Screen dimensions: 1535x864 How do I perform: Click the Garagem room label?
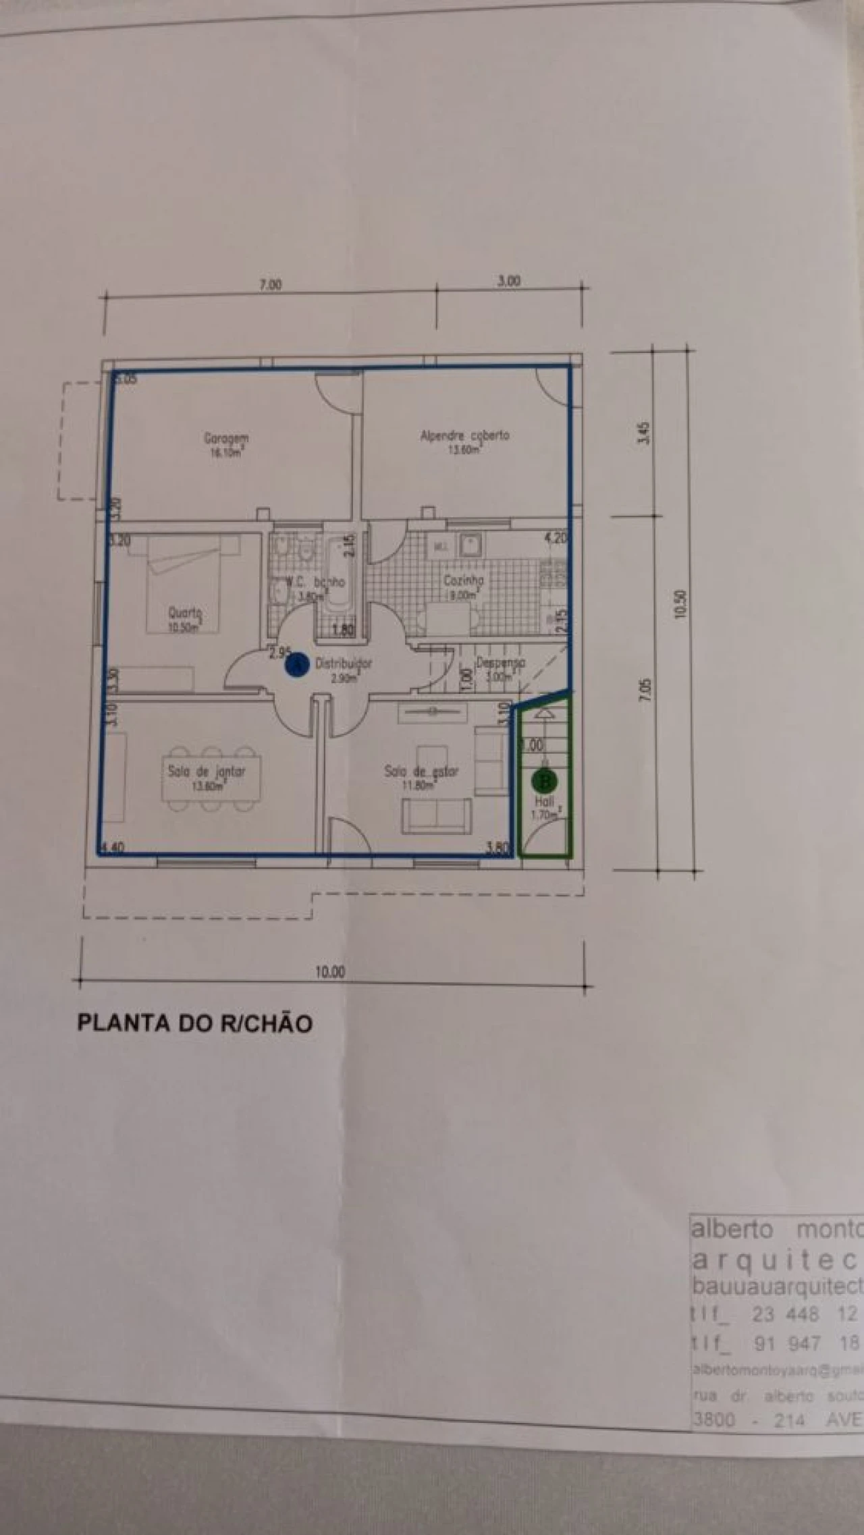coord(226,439)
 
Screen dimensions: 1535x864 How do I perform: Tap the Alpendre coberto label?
coord(464,436)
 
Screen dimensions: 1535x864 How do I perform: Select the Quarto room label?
coord(185,613)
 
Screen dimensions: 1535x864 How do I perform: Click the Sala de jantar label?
coord(207,771)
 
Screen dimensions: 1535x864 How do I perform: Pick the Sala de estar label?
coord(421,771)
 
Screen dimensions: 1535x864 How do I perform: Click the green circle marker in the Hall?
coord(544,782)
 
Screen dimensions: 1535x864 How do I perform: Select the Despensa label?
coord(500,663)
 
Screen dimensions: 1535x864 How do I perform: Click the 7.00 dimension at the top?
coord(270,285)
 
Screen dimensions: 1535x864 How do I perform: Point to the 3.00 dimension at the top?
coord(508,281)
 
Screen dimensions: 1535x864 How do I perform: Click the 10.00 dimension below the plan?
coord(330,972)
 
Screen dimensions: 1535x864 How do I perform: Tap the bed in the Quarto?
coord(184,581)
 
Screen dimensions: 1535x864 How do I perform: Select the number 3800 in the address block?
coord(713,1420)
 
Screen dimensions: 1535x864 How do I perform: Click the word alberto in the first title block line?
coord(731,1229)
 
